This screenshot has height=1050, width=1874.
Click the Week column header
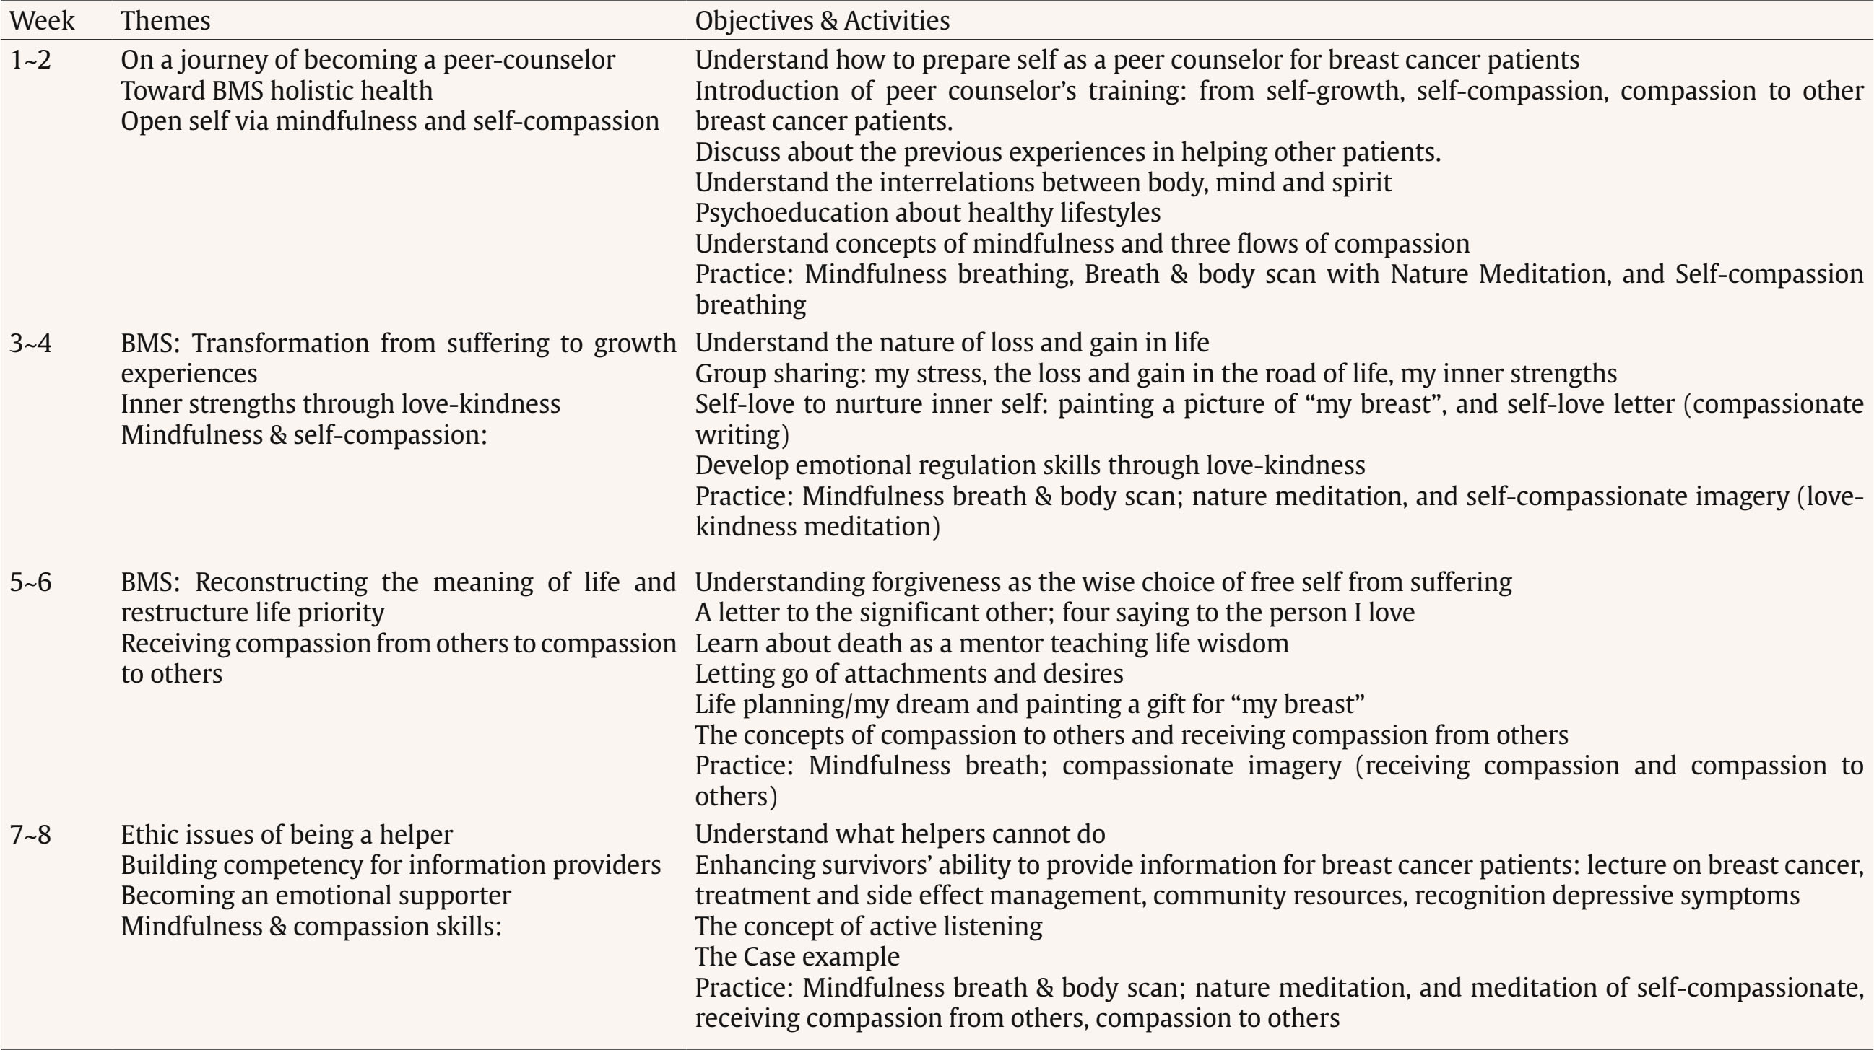[41, 20]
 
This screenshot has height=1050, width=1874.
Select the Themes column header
[165, 20]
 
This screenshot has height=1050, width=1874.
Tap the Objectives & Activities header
[822, 20]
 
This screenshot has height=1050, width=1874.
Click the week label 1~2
[30, 60]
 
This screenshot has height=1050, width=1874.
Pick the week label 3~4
[30, 343]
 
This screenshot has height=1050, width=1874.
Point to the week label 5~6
[30, 582]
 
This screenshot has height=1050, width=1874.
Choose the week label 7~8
[30, 834]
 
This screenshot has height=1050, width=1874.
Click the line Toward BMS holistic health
[277, 91]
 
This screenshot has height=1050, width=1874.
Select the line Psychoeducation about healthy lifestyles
[927, 212]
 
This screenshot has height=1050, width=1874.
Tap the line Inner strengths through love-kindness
[340, 403]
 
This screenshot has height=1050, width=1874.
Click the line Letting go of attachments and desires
[908, 673]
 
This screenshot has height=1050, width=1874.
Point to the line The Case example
[797, 956]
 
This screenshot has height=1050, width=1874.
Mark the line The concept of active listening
[868, 926]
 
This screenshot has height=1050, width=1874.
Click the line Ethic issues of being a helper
[287, 834]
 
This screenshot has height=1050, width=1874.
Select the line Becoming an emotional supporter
[316, 895]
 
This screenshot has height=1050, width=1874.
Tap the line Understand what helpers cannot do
[900, 834]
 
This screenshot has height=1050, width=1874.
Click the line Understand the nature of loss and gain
[952, 343]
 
